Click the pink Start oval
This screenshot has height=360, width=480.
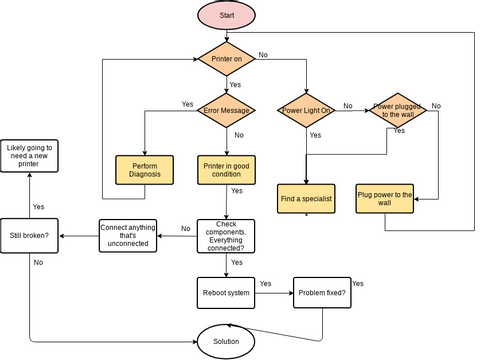226,16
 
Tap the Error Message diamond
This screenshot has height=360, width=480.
226,110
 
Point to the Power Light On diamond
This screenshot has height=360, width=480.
307,110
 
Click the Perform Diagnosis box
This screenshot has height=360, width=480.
145,170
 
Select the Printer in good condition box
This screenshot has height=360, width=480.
226,170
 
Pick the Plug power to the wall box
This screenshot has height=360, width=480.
385,199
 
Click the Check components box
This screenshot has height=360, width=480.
226,235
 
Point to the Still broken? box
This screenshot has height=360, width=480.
29,235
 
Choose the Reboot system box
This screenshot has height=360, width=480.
226,292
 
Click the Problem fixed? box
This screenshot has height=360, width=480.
322,292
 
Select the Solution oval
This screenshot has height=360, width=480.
226,341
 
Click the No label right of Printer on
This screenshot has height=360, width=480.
263,53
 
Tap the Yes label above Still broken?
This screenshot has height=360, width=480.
38,206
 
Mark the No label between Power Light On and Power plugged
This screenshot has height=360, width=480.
347,105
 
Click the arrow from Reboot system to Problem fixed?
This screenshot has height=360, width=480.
275,292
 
